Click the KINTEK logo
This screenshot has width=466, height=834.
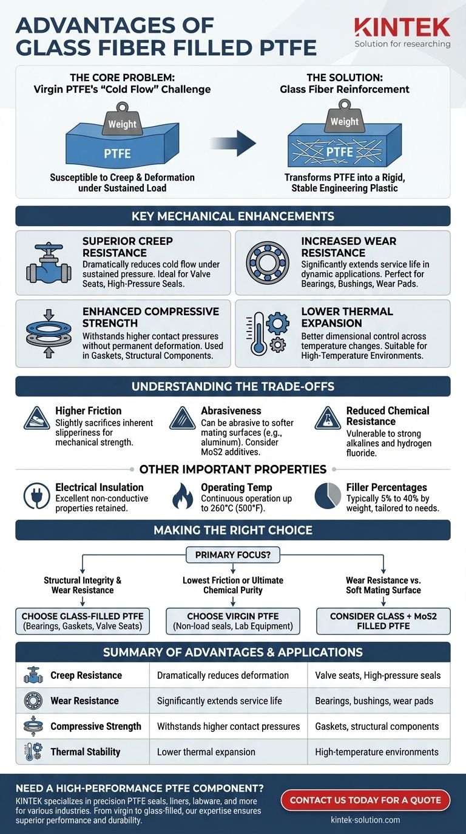[x=402, y=27]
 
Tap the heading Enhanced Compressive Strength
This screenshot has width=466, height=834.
[x=150, y=317]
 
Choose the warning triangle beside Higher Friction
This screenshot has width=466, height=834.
[x=36, y=418]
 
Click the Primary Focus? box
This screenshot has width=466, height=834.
[x=233, y=555]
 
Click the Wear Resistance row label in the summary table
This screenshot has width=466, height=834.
[x=84, y=701]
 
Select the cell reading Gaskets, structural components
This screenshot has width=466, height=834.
[x=377, y=726]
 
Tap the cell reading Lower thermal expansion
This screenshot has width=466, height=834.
[x=206, y=752]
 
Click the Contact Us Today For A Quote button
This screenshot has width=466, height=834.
[x=365, y=800]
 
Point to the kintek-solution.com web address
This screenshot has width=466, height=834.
[x=365, y=820]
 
